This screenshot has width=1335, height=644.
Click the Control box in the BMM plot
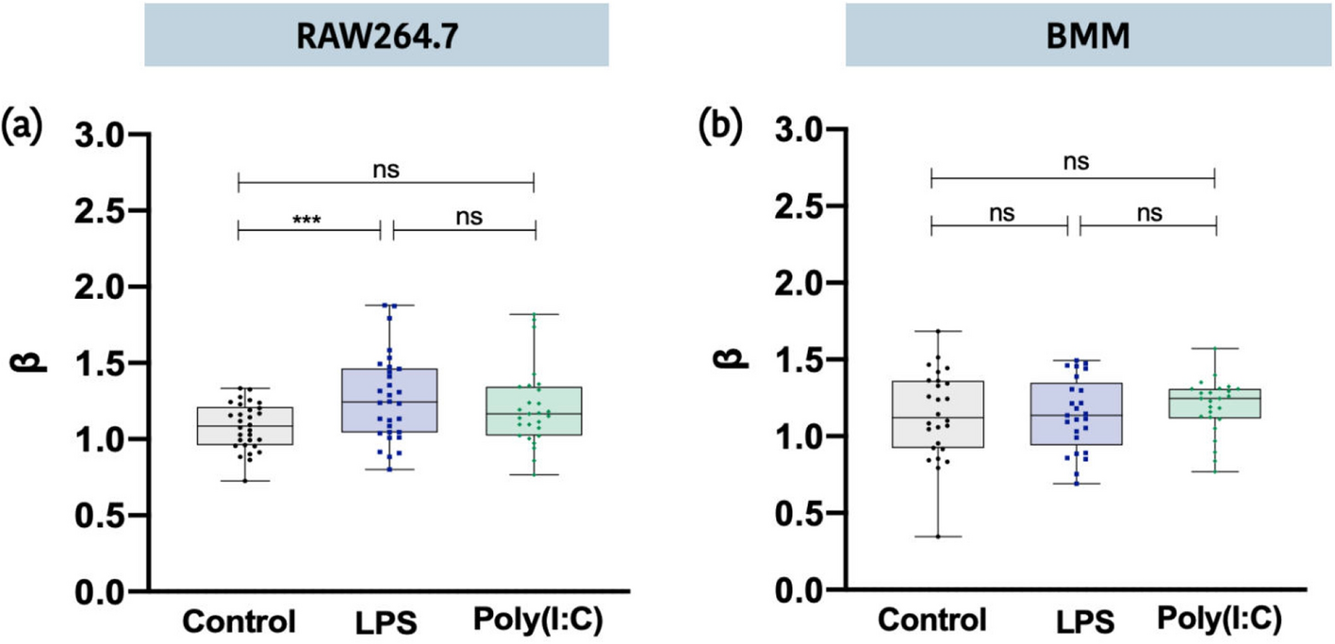(x=938, y=414)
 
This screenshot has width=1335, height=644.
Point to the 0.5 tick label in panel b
(x=801, y=514)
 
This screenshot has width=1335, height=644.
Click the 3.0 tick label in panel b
(x=801, y=128)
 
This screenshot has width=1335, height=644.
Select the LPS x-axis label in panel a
(x=386, y=622)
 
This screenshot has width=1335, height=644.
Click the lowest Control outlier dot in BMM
(x=938, y=537)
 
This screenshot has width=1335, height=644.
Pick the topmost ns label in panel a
(x=387, y=169)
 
